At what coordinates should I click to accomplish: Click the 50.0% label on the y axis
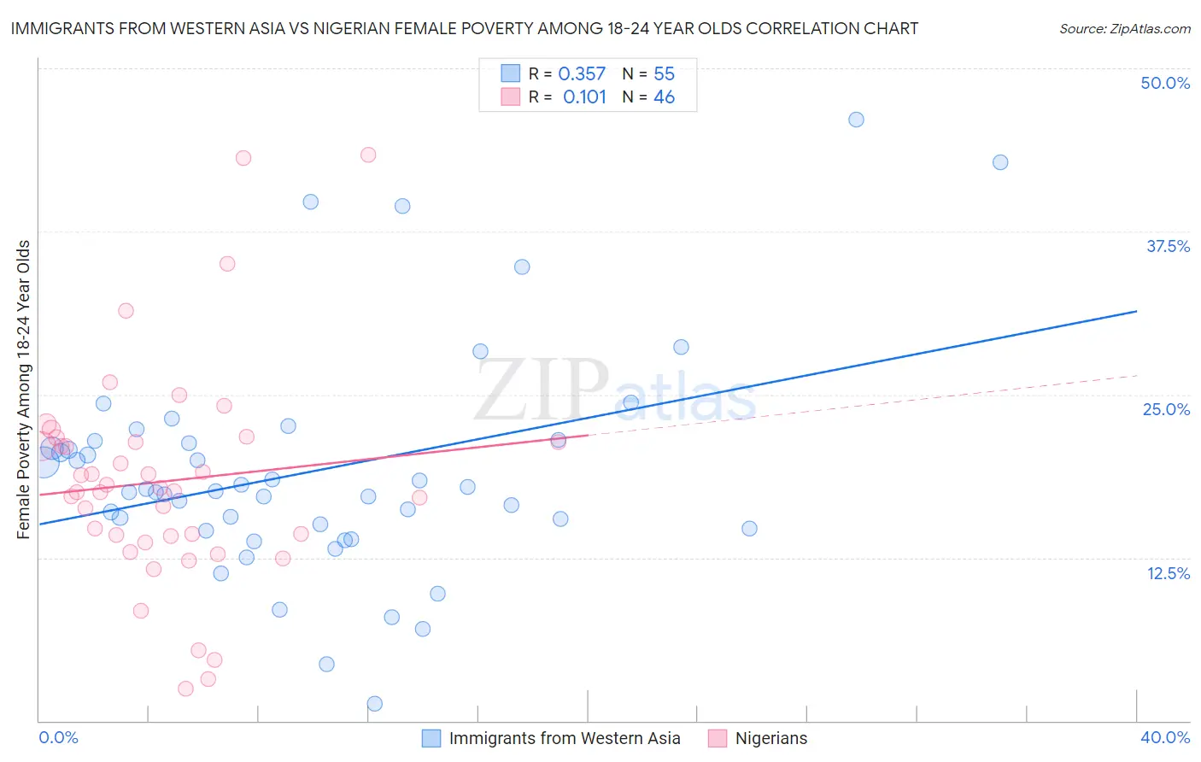pos(1164,83)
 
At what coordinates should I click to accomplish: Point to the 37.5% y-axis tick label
pos(1167,246)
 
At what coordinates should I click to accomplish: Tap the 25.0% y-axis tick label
pos(1165,409)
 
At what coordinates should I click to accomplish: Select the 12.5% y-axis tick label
pos(1167,573)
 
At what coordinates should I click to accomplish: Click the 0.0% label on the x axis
pos(58,737)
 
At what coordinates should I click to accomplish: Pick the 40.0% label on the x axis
pos(1164,737)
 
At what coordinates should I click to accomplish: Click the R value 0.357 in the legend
pos(582,74)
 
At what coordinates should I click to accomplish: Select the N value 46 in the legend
pos(664,97)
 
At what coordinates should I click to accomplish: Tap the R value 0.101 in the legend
pos(584,97)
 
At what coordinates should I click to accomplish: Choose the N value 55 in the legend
pos(664,74)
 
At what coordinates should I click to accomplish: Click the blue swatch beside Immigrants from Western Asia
pos(431,738)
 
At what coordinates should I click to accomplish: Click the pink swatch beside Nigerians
pos(718,738)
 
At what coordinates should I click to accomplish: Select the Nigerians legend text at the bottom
pos(770,738)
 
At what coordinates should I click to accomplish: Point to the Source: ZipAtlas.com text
pos(1124,29)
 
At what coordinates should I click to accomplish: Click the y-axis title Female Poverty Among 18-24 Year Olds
pos(24,390)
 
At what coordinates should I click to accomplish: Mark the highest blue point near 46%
pos(856,120)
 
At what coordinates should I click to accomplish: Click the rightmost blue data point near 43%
pos(1000,162)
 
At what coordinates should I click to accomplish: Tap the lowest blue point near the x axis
pos(374,704)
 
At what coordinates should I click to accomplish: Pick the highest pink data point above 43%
pos(368,155)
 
